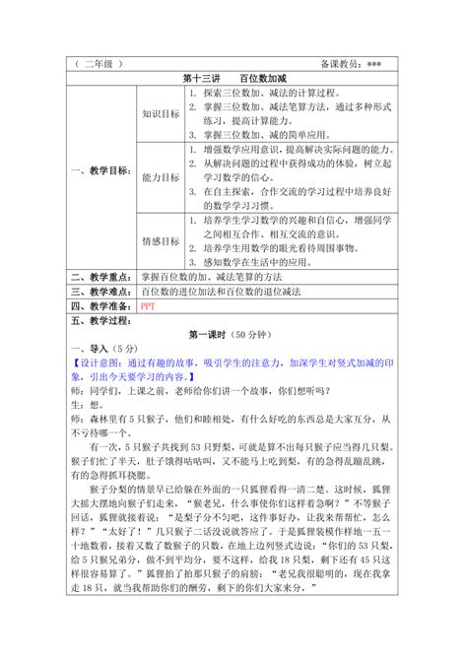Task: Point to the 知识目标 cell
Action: pos(161,114)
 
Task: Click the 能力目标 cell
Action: pos(161,178)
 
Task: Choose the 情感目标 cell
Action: pos(161,240)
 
